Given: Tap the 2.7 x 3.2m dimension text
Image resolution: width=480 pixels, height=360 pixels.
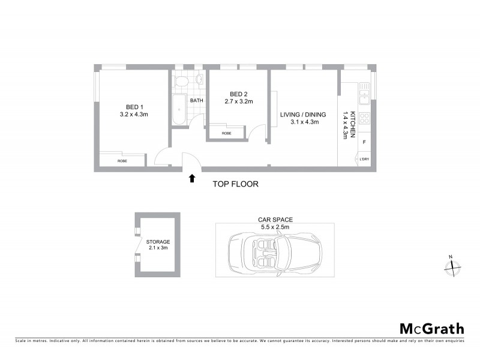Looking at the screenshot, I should coord(238,102).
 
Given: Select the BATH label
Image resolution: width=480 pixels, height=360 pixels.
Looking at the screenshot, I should coord(196,101).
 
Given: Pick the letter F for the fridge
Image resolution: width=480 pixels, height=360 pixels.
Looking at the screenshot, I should coord(364,142).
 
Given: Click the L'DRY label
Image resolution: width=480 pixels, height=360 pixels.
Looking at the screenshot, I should coord(364,159).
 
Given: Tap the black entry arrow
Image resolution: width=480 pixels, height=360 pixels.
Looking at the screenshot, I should coord(192,178).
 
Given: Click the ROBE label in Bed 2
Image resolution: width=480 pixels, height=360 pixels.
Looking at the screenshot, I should coord(226,133).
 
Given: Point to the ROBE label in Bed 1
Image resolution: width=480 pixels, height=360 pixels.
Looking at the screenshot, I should coord(122,161).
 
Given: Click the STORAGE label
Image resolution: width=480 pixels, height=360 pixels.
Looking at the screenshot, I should coord(158,242).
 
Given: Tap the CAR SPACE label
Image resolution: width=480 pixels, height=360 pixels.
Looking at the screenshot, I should coord(275,220).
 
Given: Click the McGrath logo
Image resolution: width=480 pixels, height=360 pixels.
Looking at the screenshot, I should coord(432,328).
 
